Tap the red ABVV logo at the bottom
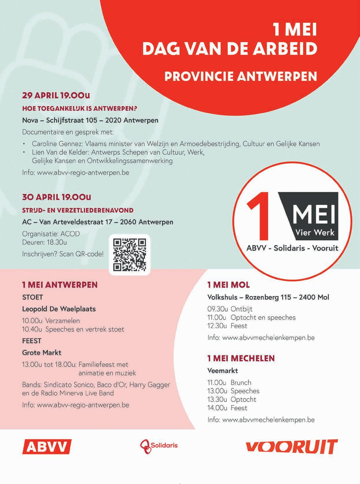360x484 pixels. coord(47,447)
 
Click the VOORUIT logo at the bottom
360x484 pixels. coord(291,447)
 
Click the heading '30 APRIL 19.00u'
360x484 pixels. coord(57,197)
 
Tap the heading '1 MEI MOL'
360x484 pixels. coord(228,285)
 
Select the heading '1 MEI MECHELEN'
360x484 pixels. coord(241,358)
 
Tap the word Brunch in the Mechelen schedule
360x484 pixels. coord(241,383)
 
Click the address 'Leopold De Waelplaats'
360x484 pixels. coord(59,309)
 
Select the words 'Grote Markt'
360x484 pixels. coord(42,353)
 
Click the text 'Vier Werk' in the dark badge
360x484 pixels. coord(315,232)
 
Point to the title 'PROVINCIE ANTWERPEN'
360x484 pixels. coord(241,77)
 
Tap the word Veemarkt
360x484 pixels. coord(223,370)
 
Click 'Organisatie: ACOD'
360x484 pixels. coord(51,234)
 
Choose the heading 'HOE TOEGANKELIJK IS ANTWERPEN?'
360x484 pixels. coord(80,109)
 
